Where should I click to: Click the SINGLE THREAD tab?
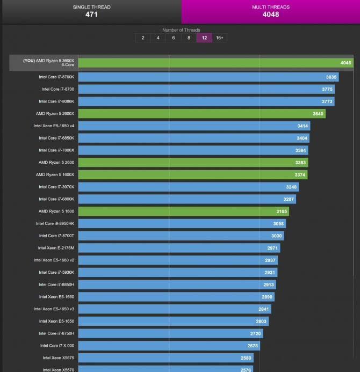coord(91,11)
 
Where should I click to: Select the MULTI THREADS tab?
coord(270,11)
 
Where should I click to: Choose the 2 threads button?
coord(143,38)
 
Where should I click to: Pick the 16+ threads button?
coord(219,38)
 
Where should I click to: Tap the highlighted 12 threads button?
coord(204,38)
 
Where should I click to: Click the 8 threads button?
coord(189,38)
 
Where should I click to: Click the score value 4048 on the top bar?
coord(345,63)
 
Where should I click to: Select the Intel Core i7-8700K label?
coord(56,77)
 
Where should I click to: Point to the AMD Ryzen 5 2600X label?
coord(55,113)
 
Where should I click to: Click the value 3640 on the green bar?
coord(318,114)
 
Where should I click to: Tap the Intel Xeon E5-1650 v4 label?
coord(54,126)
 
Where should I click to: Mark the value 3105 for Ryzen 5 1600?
coord(282,211)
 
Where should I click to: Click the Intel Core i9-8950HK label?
coord(55,223)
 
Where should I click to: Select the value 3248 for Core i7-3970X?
coord(291,187)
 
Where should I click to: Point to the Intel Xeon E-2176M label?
coord(56,248)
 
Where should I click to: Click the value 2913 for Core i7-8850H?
coord(269,285)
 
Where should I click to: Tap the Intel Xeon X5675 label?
coord(59,358)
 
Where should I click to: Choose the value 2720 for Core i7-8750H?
coord(255,334)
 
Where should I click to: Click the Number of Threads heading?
coord(181,30)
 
